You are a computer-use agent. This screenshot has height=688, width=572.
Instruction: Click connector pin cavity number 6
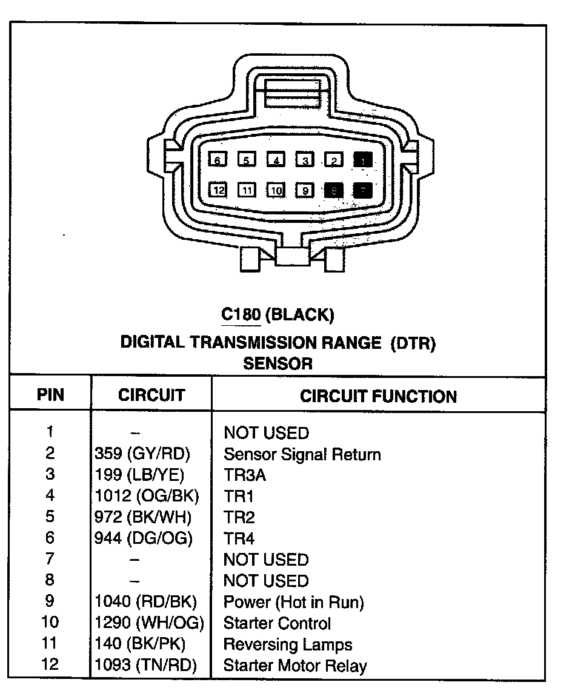tap(217, 160)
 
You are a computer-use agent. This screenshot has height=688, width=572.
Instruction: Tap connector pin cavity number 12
tap(219, 190)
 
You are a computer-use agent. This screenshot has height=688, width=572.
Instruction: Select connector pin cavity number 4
tap(276, 160)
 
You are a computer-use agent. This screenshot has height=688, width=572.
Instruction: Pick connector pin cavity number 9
tap(305, 190)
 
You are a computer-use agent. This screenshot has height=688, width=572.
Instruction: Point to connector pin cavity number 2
tap(334, 160)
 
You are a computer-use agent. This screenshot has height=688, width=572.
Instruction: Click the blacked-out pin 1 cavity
tap(364, 160)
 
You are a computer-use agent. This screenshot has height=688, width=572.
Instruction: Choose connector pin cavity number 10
tap(276, 190)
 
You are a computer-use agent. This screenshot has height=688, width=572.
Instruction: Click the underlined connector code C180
tap(241, 314)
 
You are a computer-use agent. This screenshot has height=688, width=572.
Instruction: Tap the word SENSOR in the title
tap(278, 363)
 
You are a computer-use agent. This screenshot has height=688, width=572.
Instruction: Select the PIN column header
tap(50, 395)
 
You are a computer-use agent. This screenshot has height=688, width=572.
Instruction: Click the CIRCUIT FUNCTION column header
tap(378, 397)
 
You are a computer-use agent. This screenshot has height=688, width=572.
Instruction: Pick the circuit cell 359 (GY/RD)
tap(142, 454)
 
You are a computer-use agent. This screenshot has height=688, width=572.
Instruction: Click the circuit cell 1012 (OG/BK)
tap(147, 496)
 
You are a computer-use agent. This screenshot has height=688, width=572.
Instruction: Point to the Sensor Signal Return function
tap(302, 454)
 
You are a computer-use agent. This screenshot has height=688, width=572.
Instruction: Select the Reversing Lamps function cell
tap(288, 644)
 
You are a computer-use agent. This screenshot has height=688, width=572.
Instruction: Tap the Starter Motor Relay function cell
tap(295, 666)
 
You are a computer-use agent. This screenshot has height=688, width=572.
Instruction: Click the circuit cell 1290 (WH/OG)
tap(149, 623)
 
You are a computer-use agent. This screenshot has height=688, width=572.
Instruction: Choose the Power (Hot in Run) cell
tap(293, 602)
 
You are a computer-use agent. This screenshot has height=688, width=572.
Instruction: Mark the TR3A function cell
tap(245, 475)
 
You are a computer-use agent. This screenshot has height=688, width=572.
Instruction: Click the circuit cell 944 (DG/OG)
tap(144, 538)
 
